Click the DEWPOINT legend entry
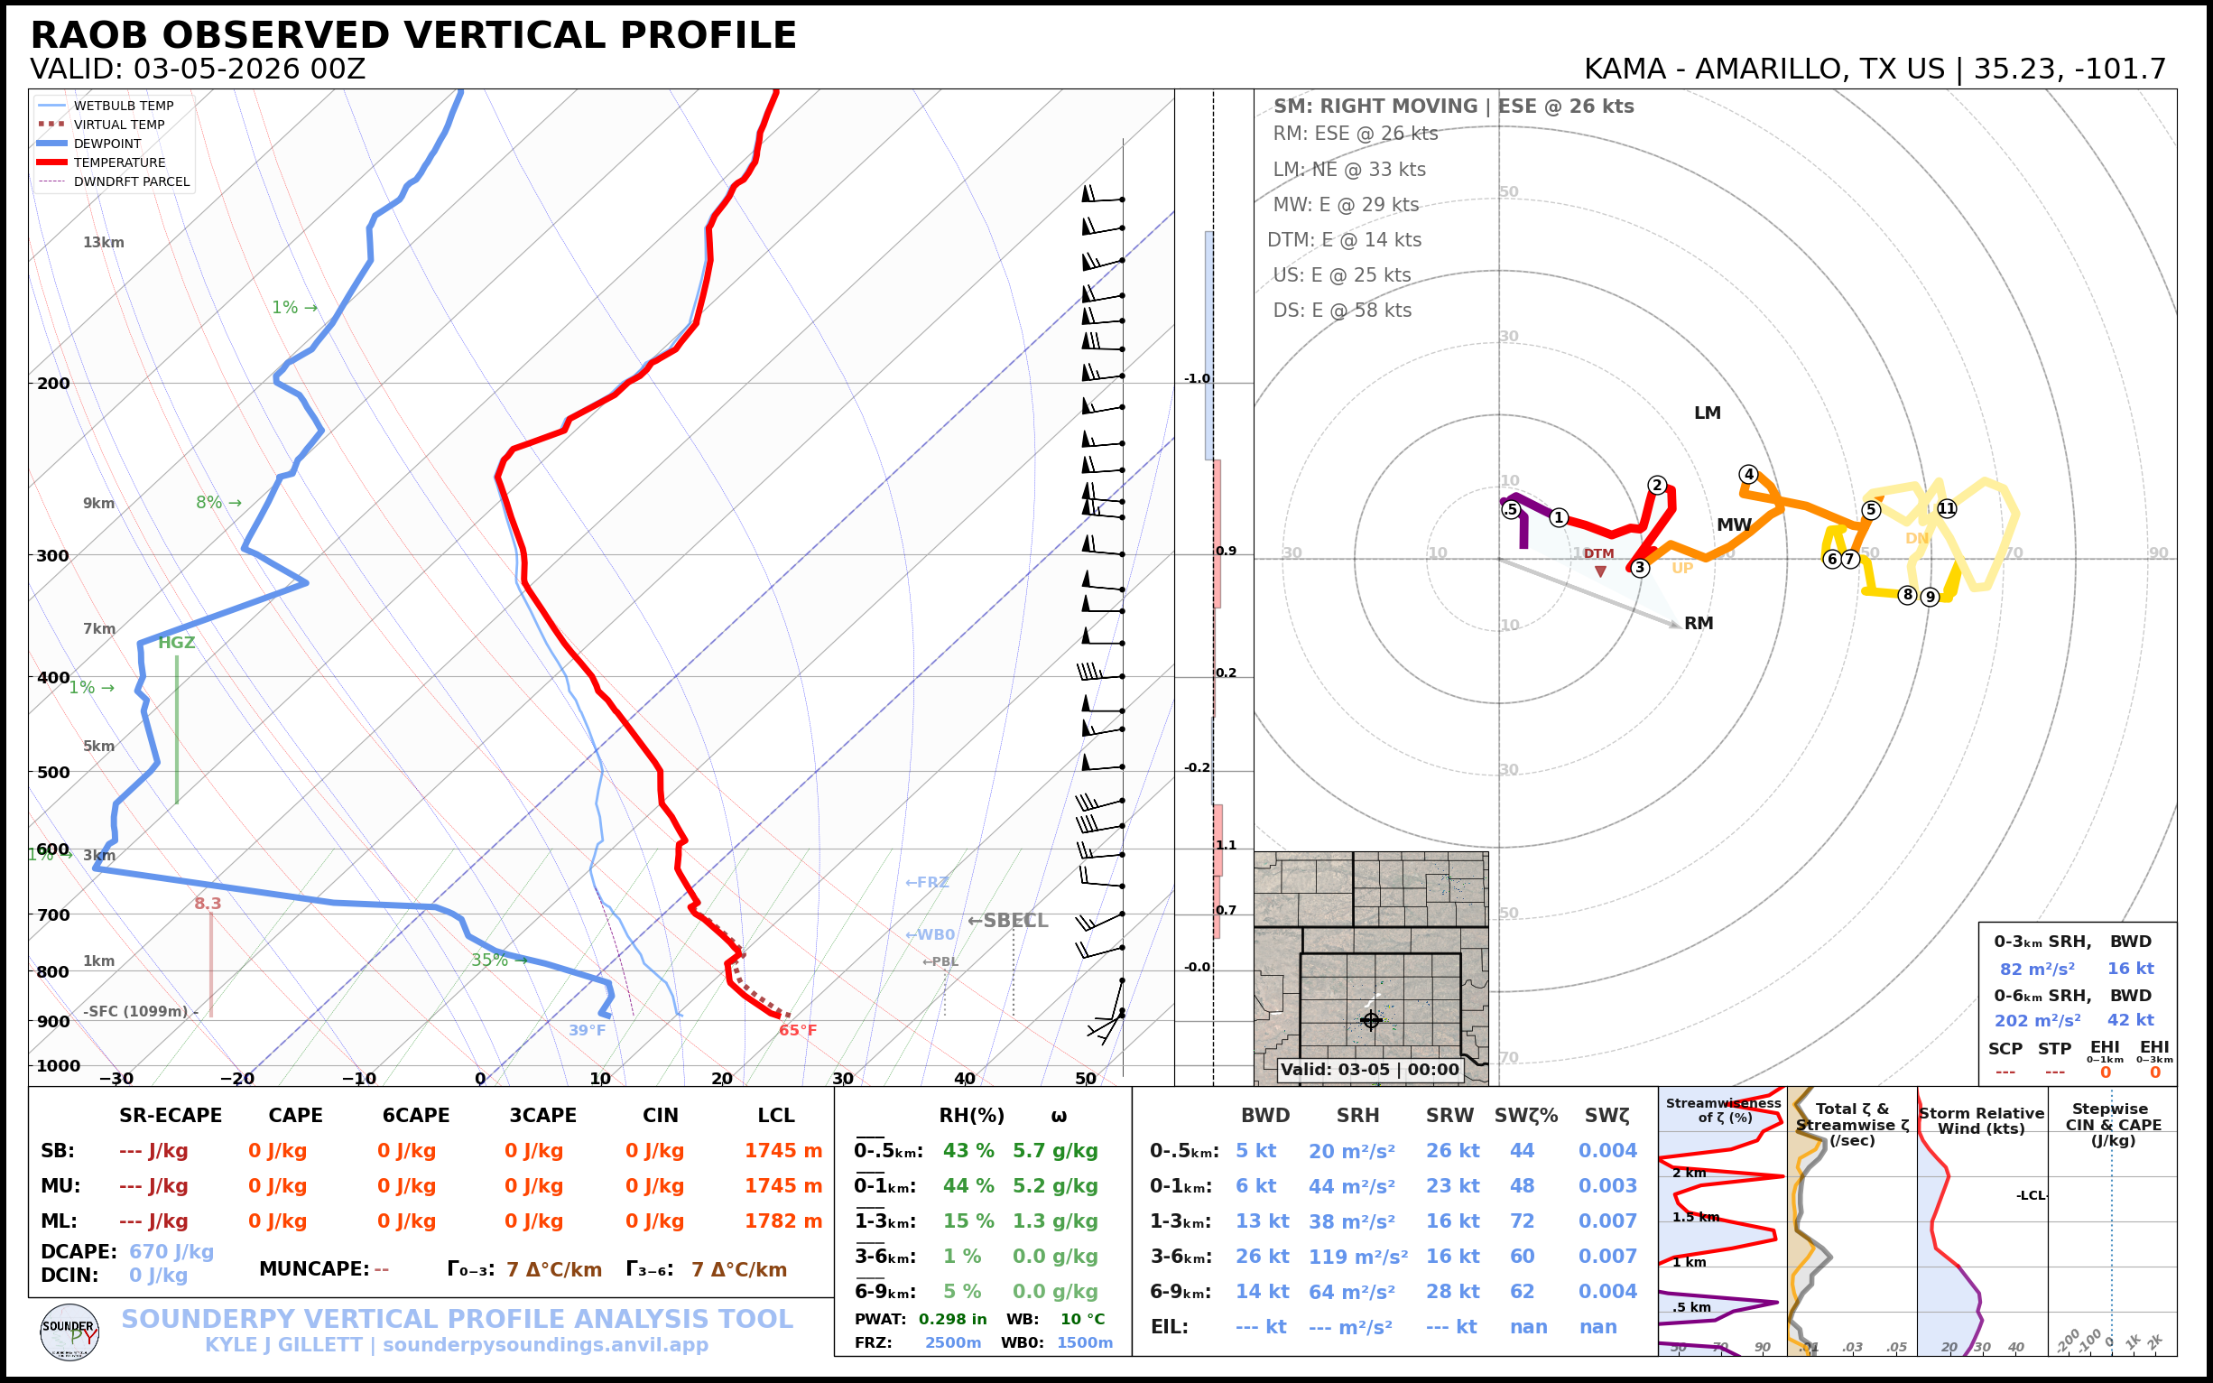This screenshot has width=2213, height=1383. [107, 144]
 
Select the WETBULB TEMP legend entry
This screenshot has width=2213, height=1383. [123, 107]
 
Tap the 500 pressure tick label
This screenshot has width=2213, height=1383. [53, 772]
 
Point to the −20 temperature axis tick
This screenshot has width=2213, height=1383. [236, 1079]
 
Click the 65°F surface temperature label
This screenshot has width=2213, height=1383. [798, 1030]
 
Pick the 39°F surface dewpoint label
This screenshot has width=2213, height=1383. [587, 1030]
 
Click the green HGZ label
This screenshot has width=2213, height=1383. [177, 642]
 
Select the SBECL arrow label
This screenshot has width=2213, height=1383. [1008, 920]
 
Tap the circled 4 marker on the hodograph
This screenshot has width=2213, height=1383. [1748, 474]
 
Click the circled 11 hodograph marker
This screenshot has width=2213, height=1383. [1947, 508]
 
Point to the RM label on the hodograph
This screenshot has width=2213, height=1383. [1699, 623]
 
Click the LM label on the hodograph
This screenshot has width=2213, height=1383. [1708, 413]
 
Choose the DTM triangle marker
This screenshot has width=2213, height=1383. [1600, 571]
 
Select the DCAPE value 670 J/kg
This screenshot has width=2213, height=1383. [171, 1251]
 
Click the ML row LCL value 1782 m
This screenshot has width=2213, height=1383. [782, 1221]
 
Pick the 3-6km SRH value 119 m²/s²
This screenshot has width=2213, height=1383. [1357, 1257]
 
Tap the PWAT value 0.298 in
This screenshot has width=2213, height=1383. [952, 1319]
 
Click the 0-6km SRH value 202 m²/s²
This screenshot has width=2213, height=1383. [2037, 1020]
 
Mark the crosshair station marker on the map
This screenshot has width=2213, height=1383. [1371, 1020]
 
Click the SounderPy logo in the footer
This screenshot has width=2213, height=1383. [69, 1332]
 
